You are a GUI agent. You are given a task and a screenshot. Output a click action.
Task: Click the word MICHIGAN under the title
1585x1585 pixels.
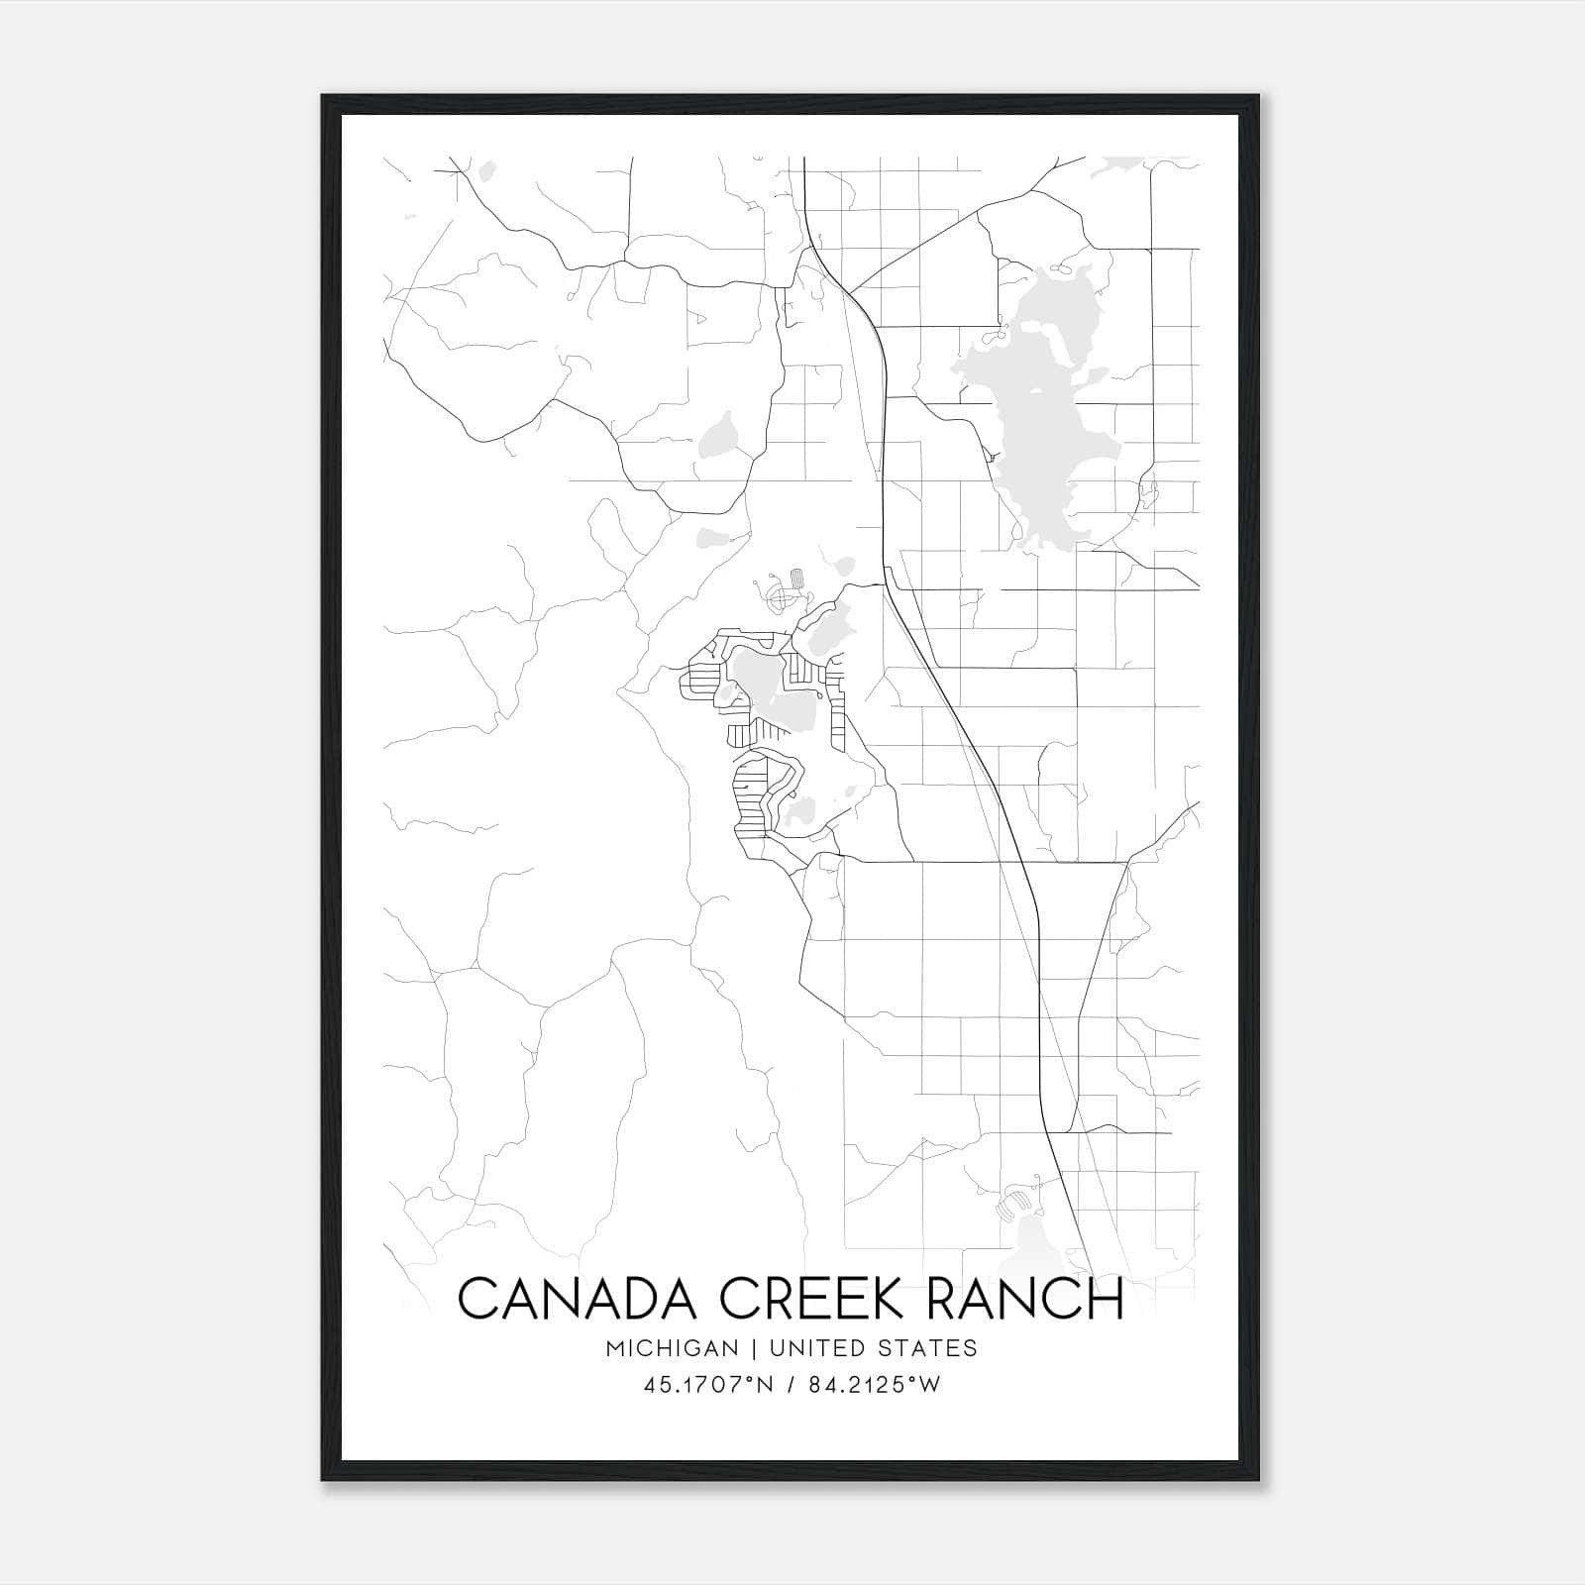tap(674, 1348)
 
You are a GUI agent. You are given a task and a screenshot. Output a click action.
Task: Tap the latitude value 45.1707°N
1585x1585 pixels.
tap(706, 1385)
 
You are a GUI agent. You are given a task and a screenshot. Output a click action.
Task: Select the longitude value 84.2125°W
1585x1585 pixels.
tap(874, 1385)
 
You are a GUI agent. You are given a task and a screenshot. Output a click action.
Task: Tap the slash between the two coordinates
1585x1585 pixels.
tap(789, 1385)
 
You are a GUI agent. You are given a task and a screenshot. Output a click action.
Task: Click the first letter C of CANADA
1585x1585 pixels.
tap(476, 1298)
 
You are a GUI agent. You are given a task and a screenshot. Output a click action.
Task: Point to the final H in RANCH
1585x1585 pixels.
tap(1109, 1298)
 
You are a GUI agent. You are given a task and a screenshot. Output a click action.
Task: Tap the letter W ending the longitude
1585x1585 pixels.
tap(929, 1385)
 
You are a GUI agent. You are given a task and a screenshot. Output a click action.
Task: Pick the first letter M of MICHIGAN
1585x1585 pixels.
tap(616, 1348)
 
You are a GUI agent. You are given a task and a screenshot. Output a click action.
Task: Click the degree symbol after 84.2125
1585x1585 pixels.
tap(914, 1380)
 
